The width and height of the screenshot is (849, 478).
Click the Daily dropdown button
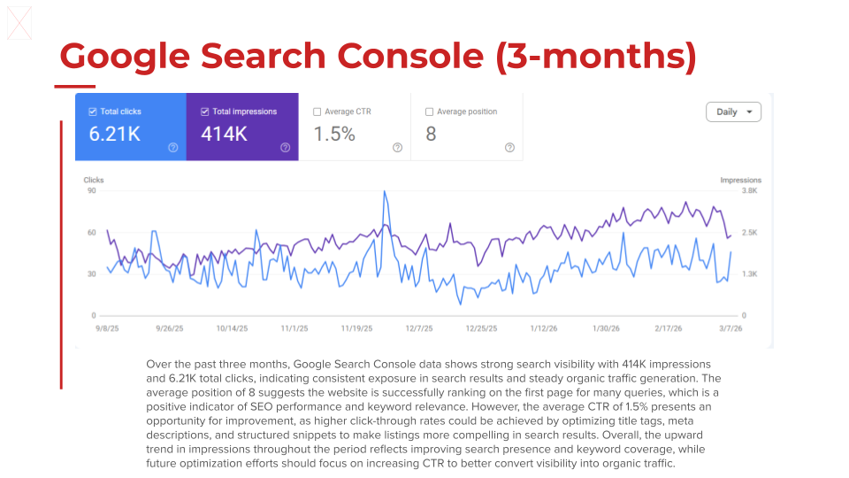[x=733, y=112]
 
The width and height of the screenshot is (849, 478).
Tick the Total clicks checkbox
[x=93, y=112]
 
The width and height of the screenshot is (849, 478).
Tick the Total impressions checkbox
[x=205, y=112]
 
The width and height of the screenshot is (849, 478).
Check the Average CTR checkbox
[x=317, y=112]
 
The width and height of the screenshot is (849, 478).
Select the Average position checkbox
[x=430, y=112]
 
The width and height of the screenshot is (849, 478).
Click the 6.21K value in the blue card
[x=115, y=135]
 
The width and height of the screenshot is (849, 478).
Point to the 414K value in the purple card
[x=225, y=135]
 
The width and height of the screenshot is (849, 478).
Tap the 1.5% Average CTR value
[x=335, y=135]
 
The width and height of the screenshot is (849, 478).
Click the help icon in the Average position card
[x=509, y=148]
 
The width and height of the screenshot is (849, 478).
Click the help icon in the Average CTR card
[x=397, y=148]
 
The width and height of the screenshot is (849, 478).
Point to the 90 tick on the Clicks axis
[x=91, y=190]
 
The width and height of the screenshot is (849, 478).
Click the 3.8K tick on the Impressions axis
[x=749, y=190]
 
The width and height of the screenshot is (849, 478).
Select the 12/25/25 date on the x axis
[x=481, y=328]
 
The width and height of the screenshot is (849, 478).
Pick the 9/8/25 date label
[x=106, y=328]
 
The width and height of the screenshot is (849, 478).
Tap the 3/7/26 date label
[x=730, y=328]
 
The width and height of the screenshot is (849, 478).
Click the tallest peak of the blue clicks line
[x=385, y=191]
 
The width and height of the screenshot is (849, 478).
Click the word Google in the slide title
[x=124, y=57]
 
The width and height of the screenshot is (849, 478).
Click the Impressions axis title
[x=740, y=181]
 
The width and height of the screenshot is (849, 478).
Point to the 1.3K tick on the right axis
[x=749, y=274]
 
